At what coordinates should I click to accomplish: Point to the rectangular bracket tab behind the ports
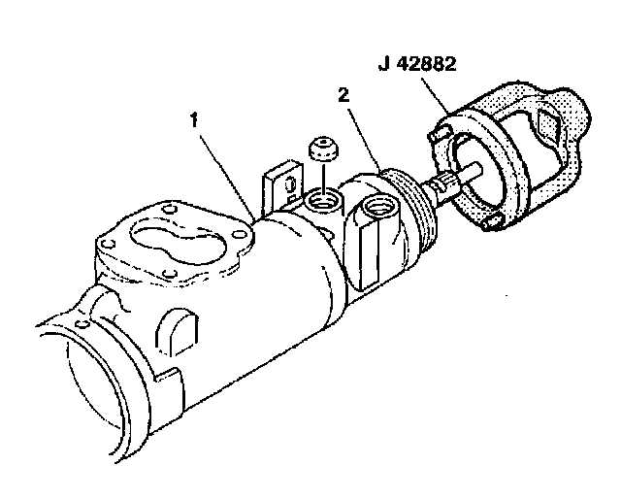282,186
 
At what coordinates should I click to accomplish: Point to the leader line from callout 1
231,170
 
